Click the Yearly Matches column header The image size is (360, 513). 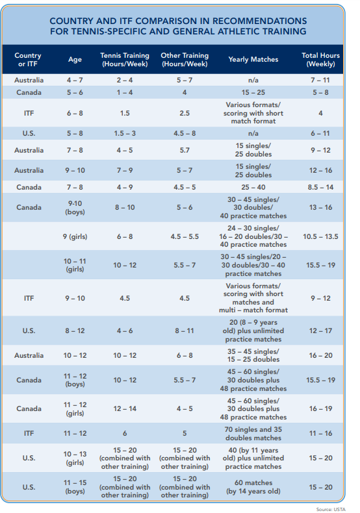click(x=253, y=60)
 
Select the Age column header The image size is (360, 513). click(x=75, y=60)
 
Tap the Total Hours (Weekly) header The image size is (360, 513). click(x=321, y=60)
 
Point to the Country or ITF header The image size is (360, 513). click(x=28, y=60)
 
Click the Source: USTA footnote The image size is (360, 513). click(x=331, y=509)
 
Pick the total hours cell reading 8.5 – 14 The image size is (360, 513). click(x=321, y=187)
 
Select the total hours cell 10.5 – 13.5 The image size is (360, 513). click(x=321, y=236)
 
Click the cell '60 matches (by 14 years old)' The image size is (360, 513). click(x=253, y=487)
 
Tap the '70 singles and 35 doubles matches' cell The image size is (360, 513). click(x=253, y=434)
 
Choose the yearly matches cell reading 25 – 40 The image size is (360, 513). click(x=253, y=187)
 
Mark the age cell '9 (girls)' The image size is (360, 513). click(x=75, y=236)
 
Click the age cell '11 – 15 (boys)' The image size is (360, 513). click(x=75, y=487)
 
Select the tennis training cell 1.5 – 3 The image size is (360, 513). click(x=125, y=134)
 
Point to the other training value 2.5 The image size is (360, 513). click(x=185, y=113)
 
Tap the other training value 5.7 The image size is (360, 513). click(x=185, y=150)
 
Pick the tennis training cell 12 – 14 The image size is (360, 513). click(x=125, y=408)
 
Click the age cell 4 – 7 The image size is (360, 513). click(x=75, y=80)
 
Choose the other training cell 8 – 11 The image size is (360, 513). click(x=185, y=331)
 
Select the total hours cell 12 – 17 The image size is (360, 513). click(x=321, y=331)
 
